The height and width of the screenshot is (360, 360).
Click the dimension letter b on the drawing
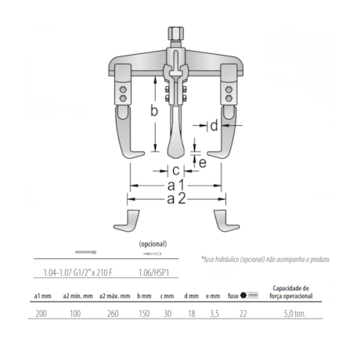154,111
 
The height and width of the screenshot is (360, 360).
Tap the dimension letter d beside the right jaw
214,126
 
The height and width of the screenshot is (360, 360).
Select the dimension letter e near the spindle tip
203,163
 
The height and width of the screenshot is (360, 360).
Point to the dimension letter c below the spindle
176,171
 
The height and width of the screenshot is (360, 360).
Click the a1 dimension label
176,185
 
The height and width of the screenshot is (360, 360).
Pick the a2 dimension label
176,199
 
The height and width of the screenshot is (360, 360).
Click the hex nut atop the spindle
175,32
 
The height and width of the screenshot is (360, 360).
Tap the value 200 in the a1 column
41,314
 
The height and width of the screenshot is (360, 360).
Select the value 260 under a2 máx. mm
113,314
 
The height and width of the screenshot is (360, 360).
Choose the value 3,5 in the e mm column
214,314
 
